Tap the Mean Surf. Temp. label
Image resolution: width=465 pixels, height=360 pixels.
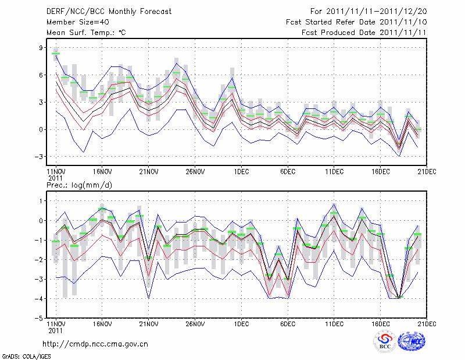86,33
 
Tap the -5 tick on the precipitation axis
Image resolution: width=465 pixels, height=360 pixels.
40,319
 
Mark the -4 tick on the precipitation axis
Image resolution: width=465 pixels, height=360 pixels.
40,299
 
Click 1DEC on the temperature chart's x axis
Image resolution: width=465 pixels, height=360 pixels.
241,172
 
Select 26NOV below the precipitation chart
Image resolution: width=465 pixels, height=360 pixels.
195,323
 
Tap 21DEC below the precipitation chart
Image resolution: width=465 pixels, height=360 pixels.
427,323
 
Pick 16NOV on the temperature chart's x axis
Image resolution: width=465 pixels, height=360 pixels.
102,172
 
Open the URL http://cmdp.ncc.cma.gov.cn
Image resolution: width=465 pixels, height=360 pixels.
96,344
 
